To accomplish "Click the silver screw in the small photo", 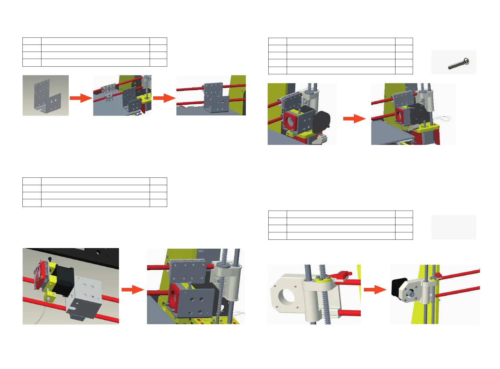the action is point(458,63).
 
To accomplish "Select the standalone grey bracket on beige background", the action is point(45,95).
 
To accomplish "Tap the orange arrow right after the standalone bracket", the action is point(81,98).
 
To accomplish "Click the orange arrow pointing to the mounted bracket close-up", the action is point(164,98).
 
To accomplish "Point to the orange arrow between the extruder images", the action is point(354,118).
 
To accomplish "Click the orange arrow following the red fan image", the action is point(132,289).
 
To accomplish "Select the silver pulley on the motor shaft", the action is point(410,294).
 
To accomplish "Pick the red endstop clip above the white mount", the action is point(344,274).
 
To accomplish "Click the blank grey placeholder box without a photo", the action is point(454,227).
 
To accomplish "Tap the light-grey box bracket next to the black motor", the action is point(85,295).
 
